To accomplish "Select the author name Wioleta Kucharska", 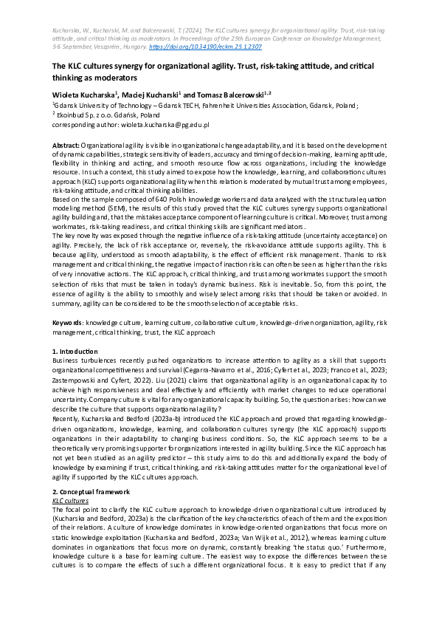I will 82,94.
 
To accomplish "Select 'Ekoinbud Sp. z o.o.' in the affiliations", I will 87,115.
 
